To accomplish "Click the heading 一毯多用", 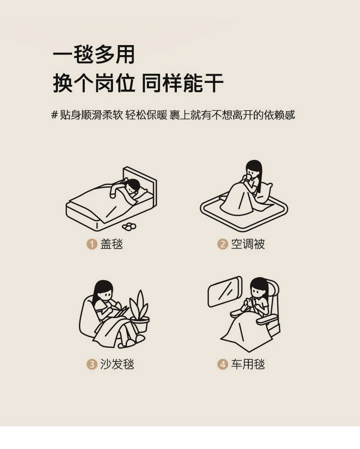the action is pos(94,54).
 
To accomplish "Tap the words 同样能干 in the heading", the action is pos(183,83).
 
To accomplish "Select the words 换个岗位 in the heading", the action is pos(94,83).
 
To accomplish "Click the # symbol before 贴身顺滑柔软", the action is pos(55,115).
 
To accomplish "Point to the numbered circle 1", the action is pos(92,244).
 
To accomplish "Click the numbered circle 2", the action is pos(222,244).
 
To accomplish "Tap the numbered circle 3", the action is pos(92,364).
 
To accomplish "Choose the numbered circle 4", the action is pos(222,364).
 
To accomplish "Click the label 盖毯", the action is pos(112,244).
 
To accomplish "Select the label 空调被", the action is pos(248,244).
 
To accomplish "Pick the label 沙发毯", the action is pos(117,364).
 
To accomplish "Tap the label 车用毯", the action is pos(248,364).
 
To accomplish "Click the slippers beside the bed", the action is pos(129,226).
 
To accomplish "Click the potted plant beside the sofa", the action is pos(139,311).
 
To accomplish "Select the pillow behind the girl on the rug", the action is pos(264,193).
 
